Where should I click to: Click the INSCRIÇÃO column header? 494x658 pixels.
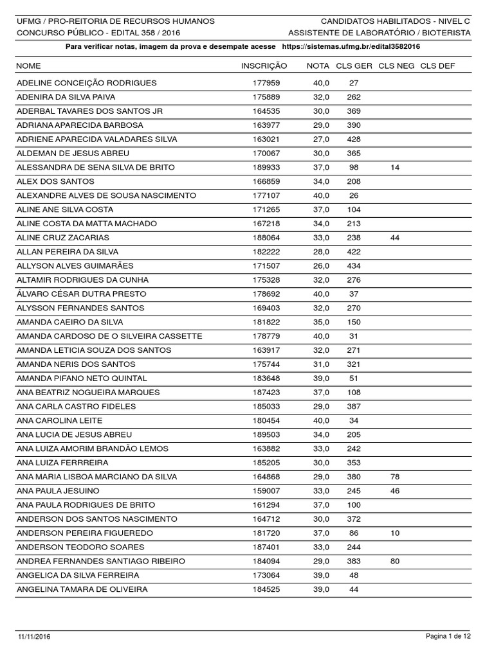264,66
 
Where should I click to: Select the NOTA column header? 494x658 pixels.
318,66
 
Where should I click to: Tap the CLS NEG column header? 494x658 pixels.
396,66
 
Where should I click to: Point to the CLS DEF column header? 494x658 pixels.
437,66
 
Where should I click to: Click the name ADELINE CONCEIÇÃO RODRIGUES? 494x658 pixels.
86,83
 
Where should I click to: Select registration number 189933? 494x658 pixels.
266,167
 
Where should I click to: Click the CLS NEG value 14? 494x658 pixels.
395,167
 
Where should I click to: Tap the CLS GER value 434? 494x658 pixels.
354,266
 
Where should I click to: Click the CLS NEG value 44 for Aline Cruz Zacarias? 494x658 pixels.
395,238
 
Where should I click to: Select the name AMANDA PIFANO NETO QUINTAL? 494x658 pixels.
82,378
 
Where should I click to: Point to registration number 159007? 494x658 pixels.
266,491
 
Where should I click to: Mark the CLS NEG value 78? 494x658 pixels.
395,477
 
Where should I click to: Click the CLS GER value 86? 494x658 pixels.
354,533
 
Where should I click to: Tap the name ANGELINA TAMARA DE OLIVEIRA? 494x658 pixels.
82,589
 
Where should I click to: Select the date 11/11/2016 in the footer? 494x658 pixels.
34,636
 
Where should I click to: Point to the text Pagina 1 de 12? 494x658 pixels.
449,636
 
